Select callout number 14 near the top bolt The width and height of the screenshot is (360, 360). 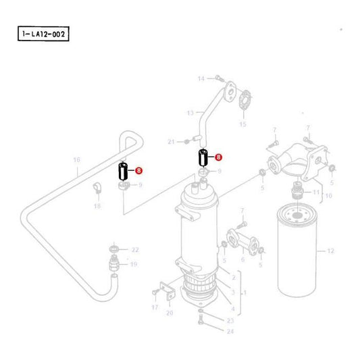pyautogui.click(x=201, y=80)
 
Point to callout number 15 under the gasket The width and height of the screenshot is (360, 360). pyautogui.click(x=242, y=124)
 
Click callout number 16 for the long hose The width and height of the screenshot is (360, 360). pyautogui.click(x=77, y=160)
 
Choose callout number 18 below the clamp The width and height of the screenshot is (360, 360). pyautogui.click(x=97, y=206)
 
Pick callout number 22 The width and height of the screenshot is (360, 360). pyautogui.click(x=135, y=250)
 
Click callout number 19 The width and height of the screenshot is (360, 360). pyautogui.click(x=134, y=264)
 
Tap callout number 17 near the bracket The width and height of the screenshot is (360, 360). pyautogui.click(x=154, y=307)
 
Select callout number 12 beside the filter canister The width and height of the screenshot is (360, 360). pyautogui.click(x=330, y=251)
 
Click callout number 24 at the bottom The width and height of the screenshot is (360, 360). pyautogui.click(x=230, y=331)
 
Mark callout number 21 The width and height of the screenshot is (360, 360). pyautogui.click(x=171, y=141)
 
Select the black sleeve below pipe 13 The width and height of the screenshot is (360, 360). pyautogui.click(x=201, y=159)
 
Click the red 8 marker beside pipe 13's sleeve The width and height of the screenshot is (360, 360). pyautogui.click(x=218, y=157)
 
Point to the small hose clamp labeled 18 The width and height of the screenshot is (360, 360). pyautogui.click(x=97, y=188)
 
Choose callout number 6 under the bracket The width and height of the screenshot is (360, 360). pyautogui.click(x=242, y=259)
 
